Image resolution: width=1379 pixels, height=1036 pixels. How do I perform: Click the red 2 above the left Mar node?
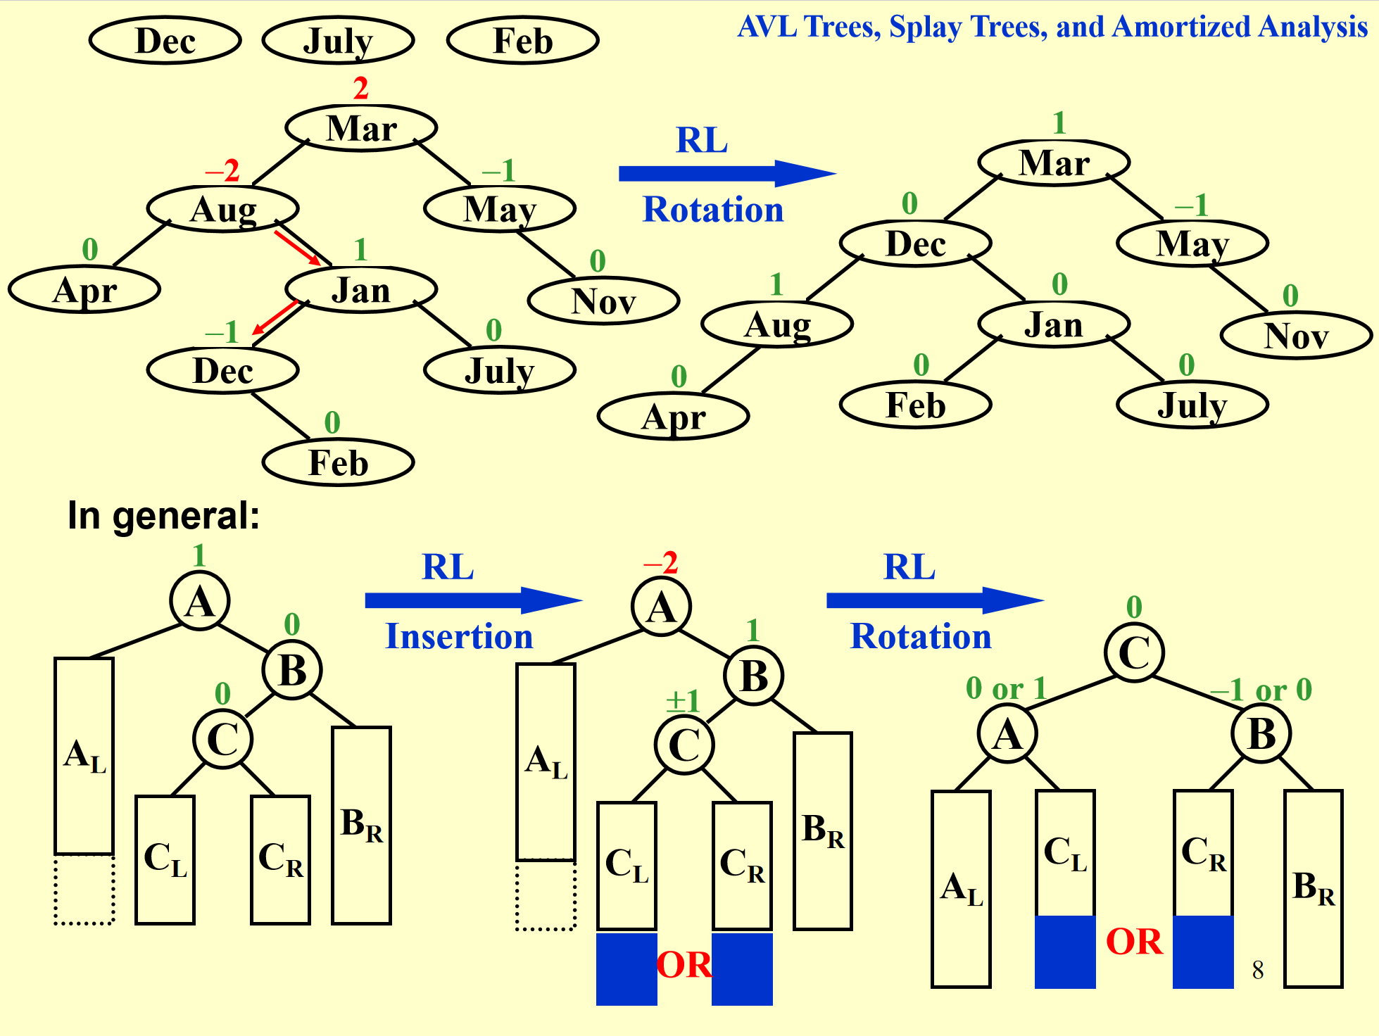(x=360, y=89)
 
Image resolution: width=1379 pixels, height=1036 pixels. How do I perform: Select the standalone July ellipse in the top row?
(x=338, y=40)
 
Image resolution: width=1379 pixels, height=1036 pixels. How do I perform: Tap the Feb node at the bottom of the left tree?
(x=338, y=462)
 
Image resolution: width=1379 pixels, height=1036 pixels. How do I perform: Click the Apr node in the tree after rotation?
(x=673, y=416)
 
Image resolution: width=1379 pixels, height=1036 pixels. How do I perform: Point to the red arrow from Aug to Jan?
(x=297, y=247)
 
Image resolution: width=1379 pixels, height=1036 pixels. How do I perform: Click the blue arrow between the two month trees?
(x=725, y=173)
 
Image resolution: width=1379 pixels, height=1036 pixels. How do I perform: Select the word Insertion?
(x=459, y=636)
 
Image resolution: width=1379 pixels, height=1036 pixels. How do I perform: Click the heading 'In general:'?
(x=163, y=516)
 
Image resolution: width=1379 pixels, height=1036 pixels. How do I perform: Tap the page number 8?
(x=1258, y=970)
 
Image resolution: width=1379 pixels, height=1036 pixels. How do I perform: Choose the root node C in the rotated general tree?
(x=1134, y=652)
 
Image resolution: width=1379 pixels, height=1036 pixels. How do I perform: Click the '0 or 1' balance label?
(x=1006, y=688)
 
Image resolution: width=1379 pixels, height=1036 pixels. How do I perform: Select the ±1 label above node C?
(x=683, y=700)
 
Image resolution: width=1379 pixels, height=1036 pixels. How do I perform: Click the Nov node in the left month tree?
(x=603, y=301)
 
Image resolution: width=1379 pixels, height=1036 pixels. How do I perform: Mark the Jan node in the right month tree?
(x=1054, y=324)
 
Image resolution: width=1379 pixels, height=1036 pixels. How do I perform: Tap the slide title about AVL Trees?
(x=1052, y=27)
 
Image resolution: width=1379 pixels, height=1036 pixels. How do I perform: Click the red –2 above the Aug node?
(x=222, y=170)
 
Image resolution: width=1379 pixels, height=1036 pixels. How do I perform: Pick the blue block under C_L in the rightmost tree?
(x=1065, y=952)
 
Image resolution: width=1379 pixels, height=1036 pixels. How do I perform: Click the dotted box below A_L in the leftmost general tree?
(x=84, y=889)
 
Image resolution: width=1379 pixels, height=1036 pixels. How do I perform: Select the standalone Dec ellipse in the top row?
(x=165, y=40)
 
